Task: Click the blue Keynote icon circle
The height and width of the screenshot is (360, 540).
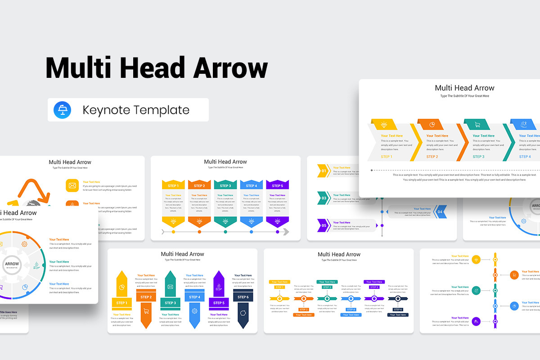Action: (x=62, y=110)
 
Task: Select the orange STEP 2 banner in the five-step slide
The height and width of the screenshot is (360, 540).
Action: (x=199, y=185)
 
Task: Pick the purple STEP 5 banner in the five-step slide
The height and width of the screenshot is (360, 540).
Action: (x=277, y=185)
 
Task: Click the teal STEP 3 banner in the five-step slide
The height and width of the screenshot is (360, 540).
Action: (x=225, y=185)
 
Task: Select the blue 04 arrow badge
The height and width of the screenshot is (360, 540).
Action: (x=440, y=211)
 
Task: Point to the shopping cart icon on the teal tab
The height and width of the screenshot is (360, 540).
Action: (x=477, y=125)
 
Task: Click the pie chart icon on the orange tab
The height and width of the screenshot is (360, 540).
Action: (x=431, y=125)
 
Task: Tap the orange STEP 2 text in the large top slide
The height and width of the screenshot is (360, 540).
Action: (x=432, y=157)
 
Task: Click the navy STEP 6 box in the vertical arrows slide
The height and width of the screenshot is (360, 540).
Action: (x=243, y=297)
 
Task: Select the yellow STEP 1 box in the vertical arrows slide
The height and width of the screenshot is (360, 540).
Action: (x=121, y=303)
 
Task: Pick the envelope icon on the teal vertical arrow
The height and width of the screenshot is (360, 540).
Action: (x=171, y=287)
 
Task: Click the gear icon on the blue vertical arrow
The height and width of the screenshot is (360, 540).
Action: (x=194, y=310)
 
